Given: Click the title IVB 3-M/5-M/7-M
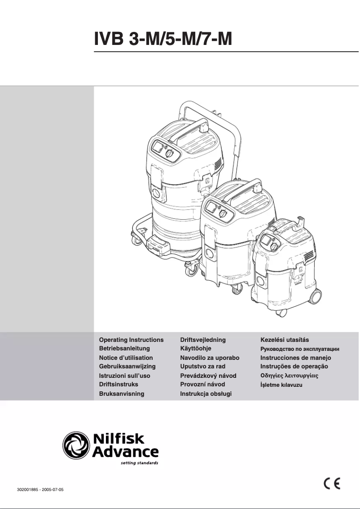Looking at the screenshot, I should tap(163, 40).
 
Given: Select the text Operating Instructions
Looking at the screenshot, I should tap(131, 340).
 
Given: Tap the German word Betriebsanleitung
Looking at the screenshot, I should tap(124, 349).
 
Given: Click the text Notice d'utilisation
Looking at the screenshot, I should tap(126, 358).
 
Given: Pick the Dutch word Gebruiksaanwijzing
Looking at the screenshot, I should tap(127, 367).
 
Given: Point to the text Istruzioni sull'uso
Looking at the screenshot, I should tap(124, 376).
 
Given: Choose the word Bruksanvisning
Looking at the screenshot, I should tap(121, 394).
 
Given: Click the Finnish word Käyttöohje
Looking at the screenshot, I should tap(196, 349).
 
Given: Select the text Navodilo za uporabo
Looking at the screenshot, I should tap(210, 358).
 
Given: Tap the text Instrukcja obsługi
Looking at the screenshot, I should tap(206, 394).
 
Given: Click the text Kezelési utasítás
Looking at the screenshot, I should tap(285, 340).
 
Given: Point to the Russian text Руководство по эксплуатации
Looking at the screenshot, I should tap(299, 349).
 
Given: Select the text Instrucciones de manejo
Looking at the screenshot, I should tap(296, 358).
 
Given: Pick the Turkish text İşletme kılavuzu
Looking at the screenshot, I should tap(281, 385).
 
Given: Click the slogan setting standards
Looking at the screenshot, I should tap(140, 462).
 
